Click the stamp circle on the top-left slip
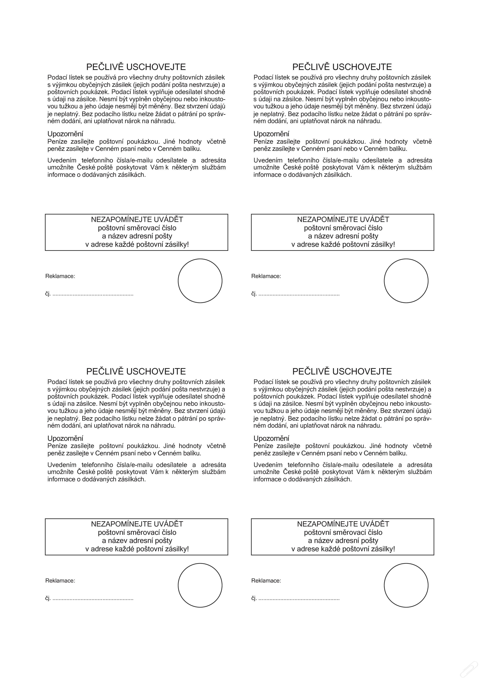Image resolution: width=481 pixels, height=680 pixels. pyautogui.click(x=200, y=281)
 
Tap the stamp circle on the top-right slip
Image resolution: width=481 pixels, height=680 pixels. pyautogui.click(x=406, y=281)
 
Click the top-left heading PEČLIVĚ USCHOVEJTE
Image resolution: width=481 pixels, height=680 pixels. pyautogui.click(x=136, y=67)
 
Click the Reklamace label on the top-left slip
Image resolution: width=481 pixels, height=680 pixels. pyautogui.click(x=60, y=276)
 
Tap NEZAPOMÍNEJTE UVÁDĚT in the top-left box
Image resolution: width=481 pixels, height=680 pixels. pyautogui.click(x=137, y=219)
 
